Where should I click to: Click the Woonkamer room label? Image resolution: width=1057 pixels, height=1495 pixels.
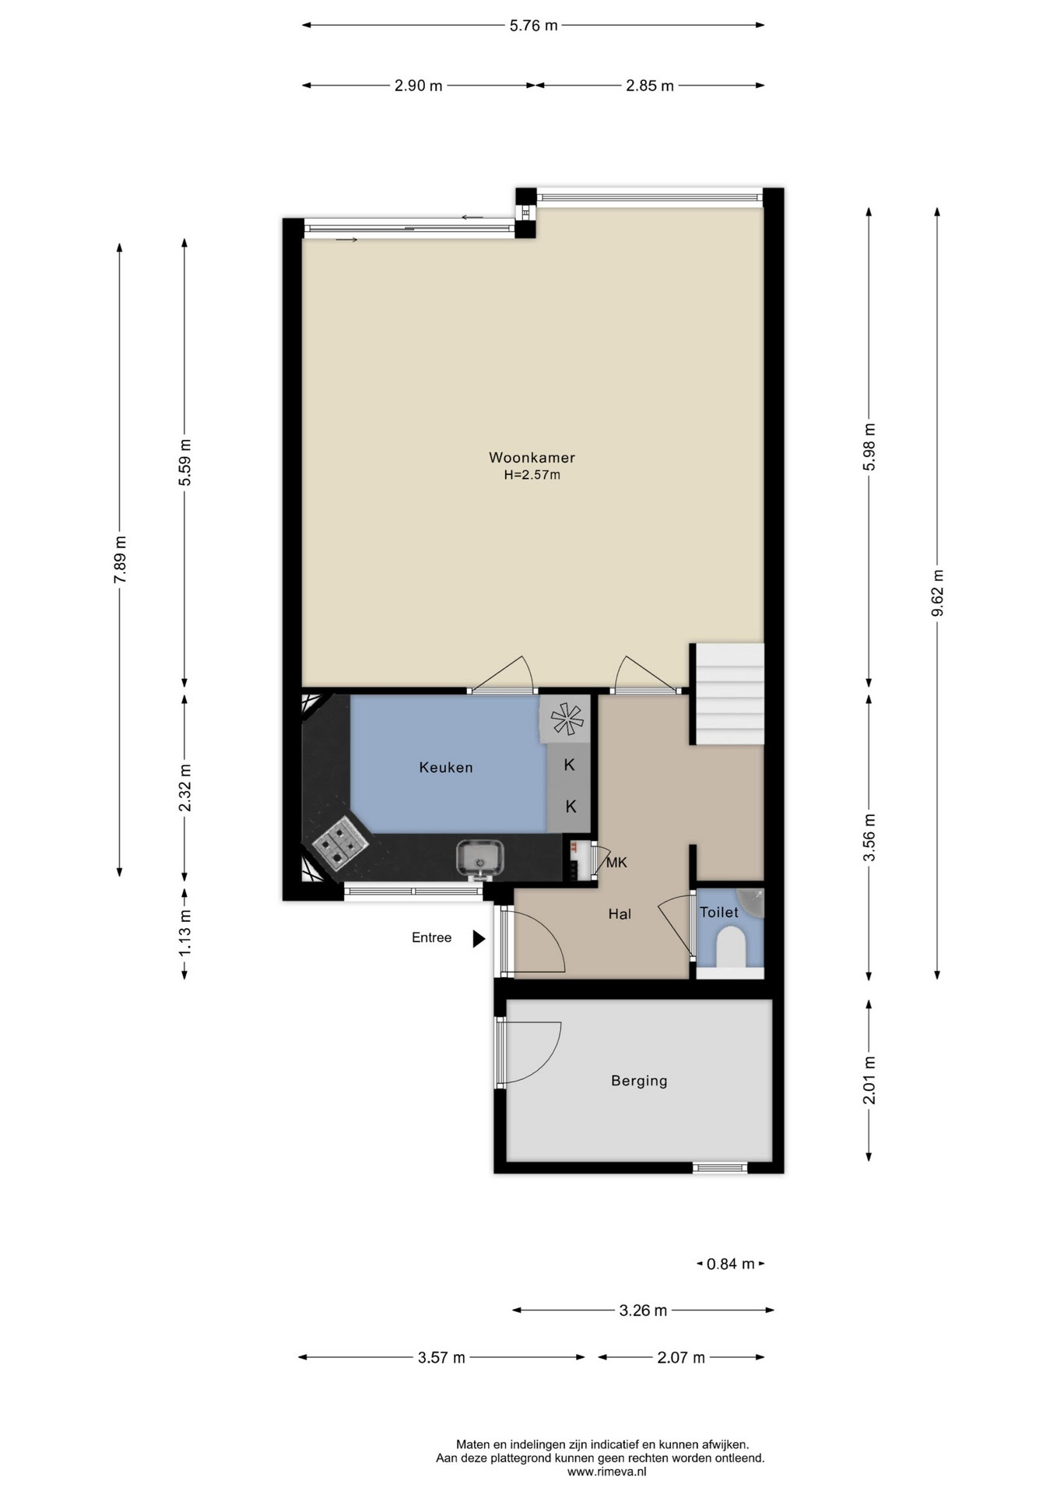point(532,458)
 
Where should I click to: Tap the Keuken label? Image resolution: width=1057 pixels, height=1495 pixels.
point(446,768)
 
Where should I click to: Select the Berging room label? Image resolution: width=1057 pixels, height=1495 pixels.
point(639,1081)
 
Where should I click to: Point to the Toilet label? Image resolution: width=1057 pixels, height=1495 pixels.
point(718,912)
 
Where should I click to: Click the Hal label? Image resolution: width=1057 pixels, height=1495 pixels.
point(620,914)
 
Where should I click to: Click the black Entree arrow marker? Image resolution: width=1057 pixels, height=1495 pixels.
point(479,939)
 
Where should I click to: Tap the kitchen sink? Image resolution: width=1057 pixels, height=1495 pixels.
point(479,859)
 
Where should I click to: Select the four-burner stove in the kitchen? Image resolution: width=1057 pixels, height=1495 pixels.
point(340,843)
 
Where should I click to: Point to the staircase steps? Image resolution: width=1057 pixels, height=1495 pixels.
point(729,694)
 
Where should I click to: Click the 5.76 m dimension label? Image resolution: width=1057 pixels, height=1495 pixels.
point(533,25)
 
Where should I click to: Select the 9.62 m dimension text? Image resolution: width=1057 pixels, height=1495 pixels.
point(937,593)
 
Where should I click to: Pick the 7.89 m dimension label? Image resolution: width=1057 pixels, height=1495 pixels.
point(120,560)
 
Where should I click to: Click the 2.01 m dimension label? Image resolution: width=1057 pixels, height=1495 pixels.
point(869,1080)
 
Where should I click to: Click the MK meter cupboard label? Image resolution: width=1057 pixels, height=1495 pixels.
point(616,863)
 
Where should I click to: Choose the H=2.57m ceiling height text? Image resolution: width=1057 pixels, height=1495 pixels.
point(532,475)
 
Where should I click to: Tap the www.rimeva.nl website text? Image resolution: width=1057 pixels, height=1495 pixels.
point(606,1472)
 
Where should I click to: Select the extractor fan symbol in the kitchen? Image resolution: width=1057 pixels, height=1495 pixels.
point(567,718)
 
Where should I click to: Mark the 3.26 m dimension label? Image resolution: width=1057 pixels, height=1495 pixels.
point(643,1310)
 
